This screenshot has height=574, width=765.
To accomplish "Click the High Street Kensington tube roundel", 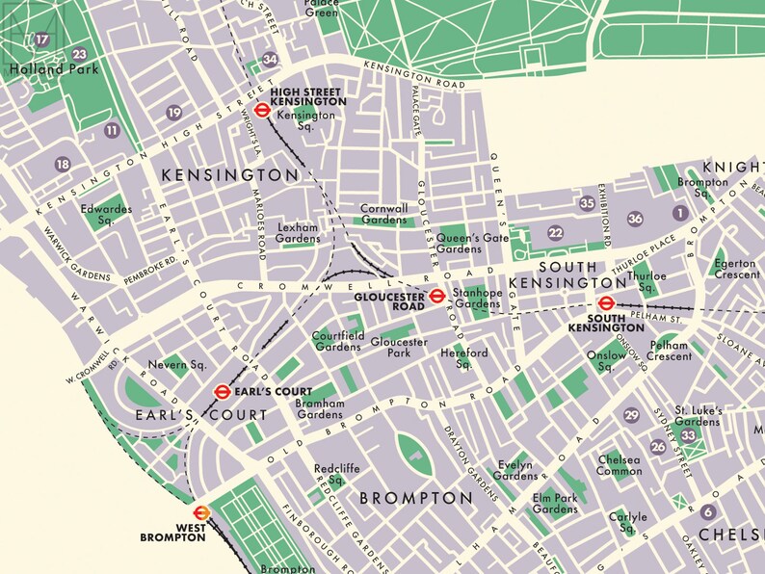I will point(260,109).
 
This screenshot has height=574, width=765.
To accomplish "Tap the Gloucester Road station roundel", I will point(435,295).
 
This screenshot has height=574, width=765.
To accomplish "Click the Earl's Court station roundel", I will point(222,391).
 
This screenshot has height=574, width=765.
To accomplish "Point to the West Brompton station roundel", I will point(201,512).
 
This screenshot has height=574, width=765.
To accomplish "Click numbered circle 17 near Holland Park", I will point(41,39).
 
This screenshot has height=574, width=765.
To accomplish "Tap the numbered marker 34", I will point(270,60).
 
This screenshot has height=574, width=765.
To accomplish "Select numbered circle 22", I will point(555,233).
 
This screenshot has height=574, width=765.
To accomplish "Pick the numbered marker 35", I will point(587,203).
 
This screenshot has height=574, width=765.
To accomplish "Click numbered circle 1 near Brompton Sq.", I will point(679,212).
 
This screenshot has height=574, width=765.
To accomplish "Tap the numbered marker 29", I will point(632,415).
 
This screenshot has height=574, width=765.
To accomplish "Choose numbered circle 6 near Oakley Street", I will point(708,512).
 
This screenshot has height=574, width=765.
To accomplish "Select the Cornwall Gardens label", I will point(384,214).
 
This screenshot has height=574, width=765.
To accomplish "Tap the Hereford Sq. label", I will point(464,358).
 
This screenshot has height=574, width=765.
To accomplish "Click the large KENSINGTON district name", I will point(230,175).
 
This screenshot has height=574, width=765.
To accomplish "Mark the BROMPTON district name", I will point(416,498).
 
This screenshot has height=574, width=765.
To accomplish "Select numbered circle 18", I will point(63,165).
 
